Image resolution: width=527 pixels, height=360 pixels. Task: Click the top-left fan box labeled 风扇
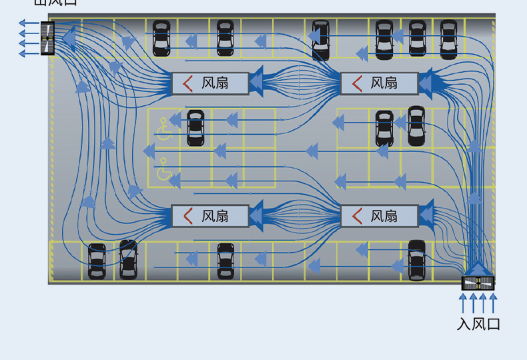pyautogui.click(x=210, y=83)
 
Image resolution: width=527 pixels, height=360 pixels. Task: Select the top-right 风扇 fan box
pyautogui.click(x=379, y=83)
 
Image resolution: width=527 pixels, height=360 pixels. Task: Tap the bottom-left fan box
pyautogui.click(x=210, y=216)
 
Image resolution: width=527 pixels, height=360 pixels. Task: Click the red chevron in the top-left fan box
pyautogui.click(x=188, y=83)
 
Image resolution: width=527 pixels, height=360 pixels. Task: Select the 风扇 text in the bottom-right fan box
pyautogui.click(x=384, y=216)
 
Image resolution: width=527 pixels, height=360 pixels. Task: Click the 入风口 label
pyautogui.click(x=478, y=324)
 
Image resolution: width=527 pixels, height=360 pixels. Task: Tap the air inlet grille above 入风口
pyautogui.click(x=478, y=283)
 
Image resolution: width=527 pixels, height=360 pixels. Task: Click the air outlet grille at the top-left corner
pyautogui.click(x=47, y=38)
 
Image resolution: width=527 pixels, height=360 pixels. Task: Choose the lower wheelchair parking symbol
pyautogui.click(x=164, y=171)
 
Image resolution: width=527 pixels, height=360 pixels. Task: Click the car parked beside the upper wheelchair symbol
pyautogui.click(x=195, y=127)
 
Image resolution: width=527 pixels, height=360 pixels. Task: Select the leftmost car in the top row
pyautogui.click(x=161, y=38)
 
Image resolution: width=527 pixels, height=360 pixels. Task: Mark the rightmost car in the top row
pyautogui.click(x=448, y=38)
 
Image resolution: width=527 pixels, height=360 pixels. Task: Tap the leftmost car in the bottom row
pyautogui.click(x=97, y=261)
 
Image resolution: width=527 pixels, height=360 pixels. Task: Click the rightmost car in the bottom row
pyautogui.click(x=417, y=259)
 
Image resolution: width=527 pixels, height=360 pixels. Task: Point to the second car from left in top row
pyautogui.click(x=225, y=38)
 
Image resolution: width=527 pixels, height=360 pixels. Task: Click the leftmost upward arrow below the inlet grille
pyautogui.click(x=463, y=304)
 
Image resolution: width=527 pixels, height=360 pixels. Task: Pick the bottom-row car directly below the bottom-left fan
pyautogui.click(x=225, y=261)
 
